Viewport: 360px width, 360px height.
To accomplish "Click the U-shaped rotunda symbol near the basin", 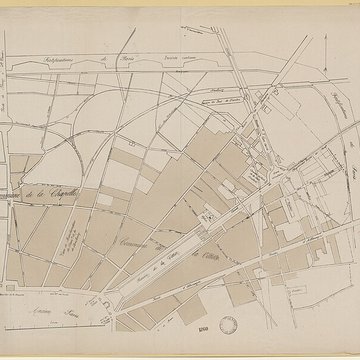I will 212,212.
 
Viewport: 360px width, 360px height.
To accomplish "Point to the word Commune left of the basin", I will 138,228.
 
